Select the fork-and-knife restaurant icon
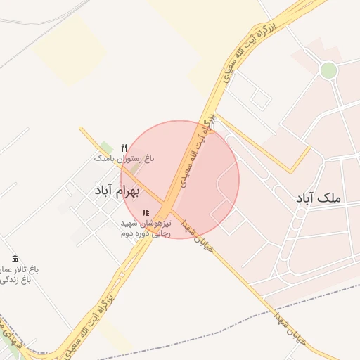[124, 148]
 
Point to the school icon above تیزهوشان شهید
[146, 212]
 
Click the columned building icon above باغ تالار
[15, 259]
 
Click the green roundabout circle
[328, 70]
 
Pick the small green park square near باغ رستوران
[106, 147]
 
